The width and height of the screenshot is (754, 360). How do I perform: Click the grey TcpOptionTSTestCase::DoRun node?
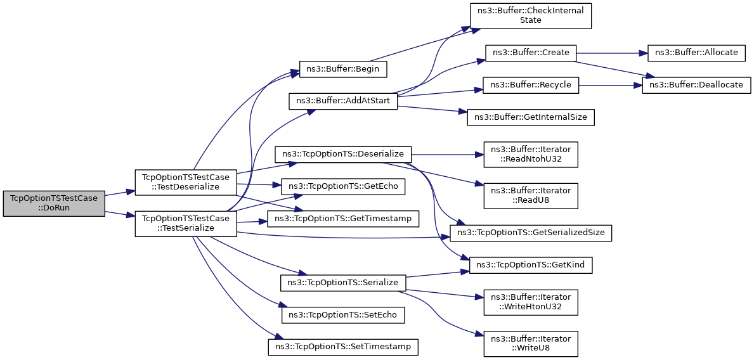[54, 204]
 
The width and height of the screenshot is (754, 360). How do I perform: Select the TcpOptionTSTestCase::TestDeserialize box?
[186, 182]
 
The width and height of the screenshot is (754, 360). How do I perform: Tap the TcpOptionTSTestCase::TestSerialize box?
[186, 224]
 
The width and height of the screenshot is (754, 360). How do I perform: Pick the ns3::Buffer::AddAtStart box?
[343, 101]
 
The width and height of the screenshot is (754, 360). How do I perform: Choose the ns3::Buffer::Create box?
[531, 53]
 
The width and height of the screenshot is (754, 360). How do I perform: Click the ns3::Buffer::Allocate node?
[697, 53]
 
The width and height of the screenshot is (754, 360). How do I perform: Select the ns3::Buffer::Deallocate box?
[697, 85]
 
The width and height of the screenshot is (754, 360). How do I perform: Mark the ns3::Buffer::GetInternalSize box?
[531, 118]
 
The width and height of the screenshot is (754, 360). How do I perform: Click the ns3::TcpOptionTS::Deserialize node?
[343, 154]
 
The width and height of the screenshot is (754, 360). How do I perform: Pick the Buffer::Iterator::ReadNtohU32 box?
[531, 154]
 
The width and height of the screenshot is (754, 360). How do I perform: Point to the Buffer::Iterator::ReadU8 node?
[531, 196]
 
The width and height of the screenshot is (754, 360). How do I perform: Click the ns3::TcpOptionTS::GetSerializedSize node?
[531, 233]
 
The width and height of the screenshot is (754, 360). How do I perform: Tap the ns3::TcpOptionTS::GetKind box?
[531, 266]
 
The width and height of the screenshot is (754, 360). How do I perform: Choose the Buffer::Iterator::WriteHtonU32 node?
[531, 302]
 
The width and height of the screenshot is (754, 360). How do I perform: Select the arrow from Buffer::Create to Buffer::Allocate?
[612, 53]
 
